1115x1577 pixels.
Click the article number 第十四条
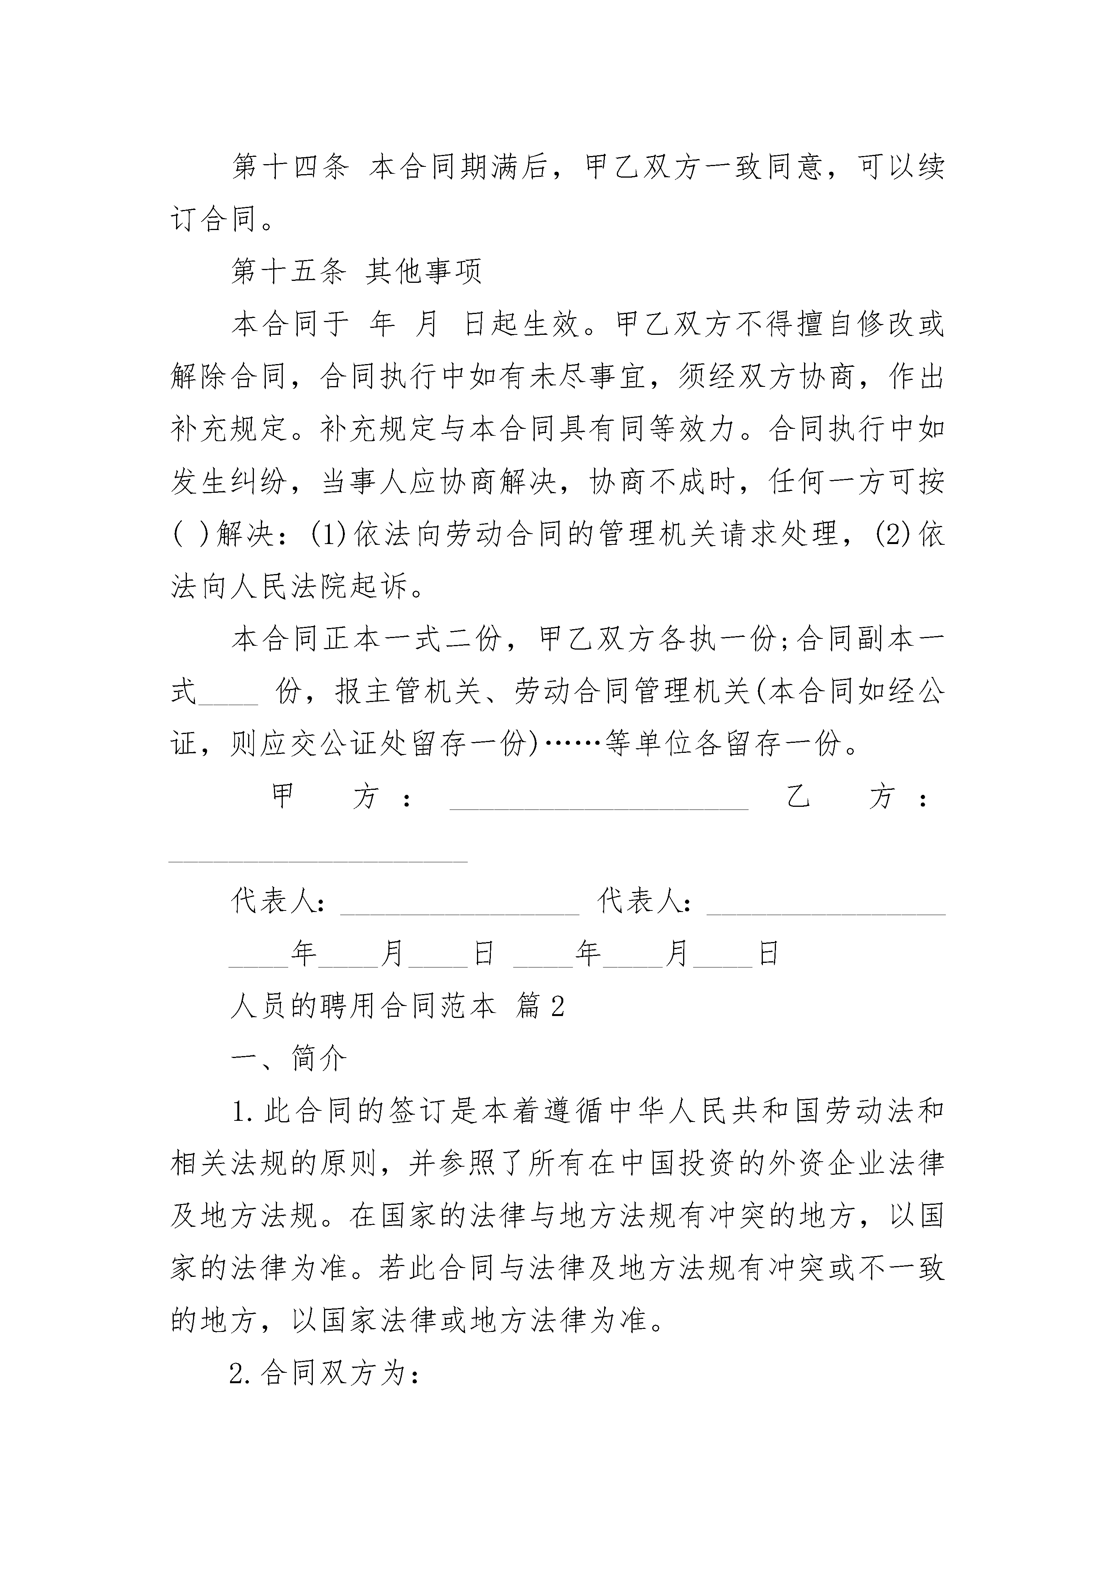point(290,167)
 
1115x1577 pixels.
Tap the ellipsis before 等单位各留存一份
point(572,744)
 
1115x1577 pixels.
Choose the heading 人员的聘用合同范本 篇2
point(397,1006)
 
